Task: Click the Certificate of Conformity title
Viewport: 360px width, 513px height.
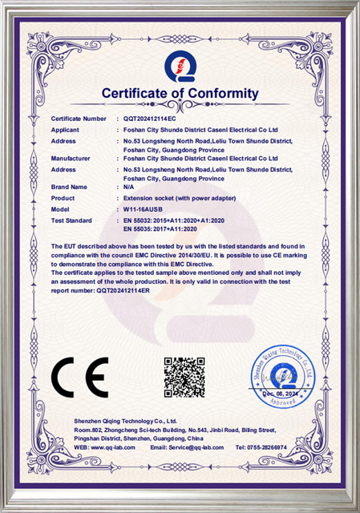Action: (180, 95)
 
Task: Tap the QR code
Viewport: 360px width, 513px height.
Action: (179, 378)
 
